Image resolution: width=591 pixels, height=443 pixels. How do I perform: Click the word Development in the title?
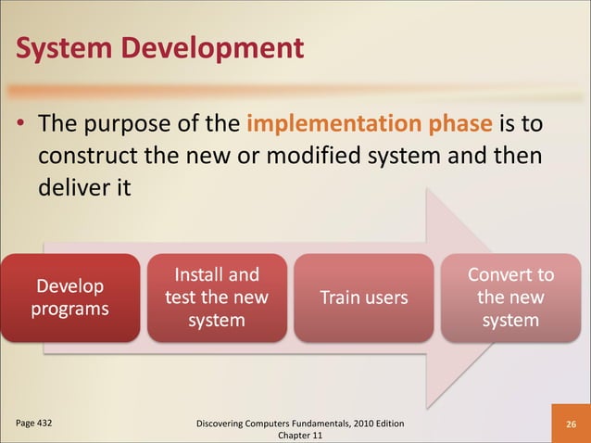[211, 45]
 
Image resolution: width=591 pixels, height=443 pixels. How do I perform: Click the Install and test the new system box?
[217, 297]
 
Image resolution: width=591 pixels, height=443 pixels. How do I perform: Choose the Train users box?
[363, 297]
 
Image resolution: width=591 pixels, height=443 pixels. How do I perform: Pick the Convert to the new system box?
[510, 297]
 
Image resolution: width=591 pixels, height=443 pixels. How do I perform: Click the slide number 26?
[571, 424]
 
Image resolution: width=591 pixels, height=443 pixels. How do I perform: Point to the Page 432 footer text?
[33, 423]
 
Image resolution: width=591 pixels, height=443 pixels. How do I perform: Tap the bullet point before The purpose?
[19, 125]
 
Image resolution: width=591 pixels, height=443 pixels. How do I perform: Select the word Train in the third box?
[340, 297]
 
